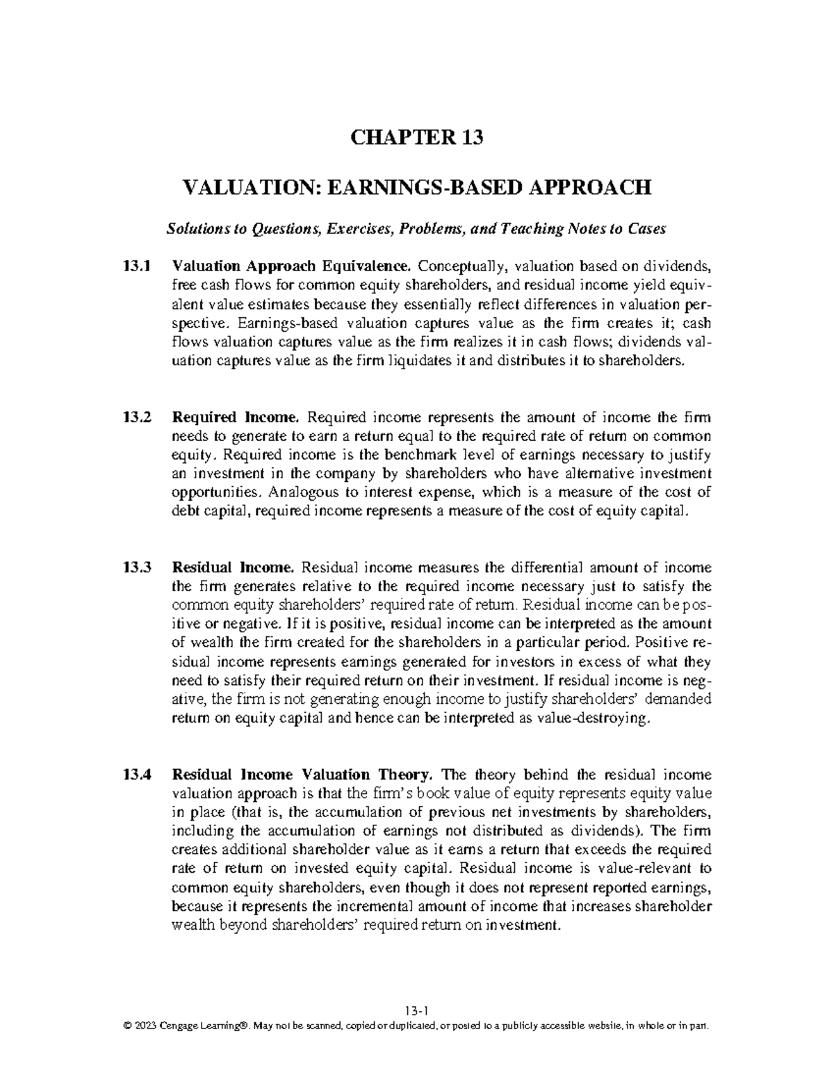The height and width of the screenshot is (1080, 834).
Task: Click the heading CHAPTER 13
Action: pyautogui.click(x=417, y=138)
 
